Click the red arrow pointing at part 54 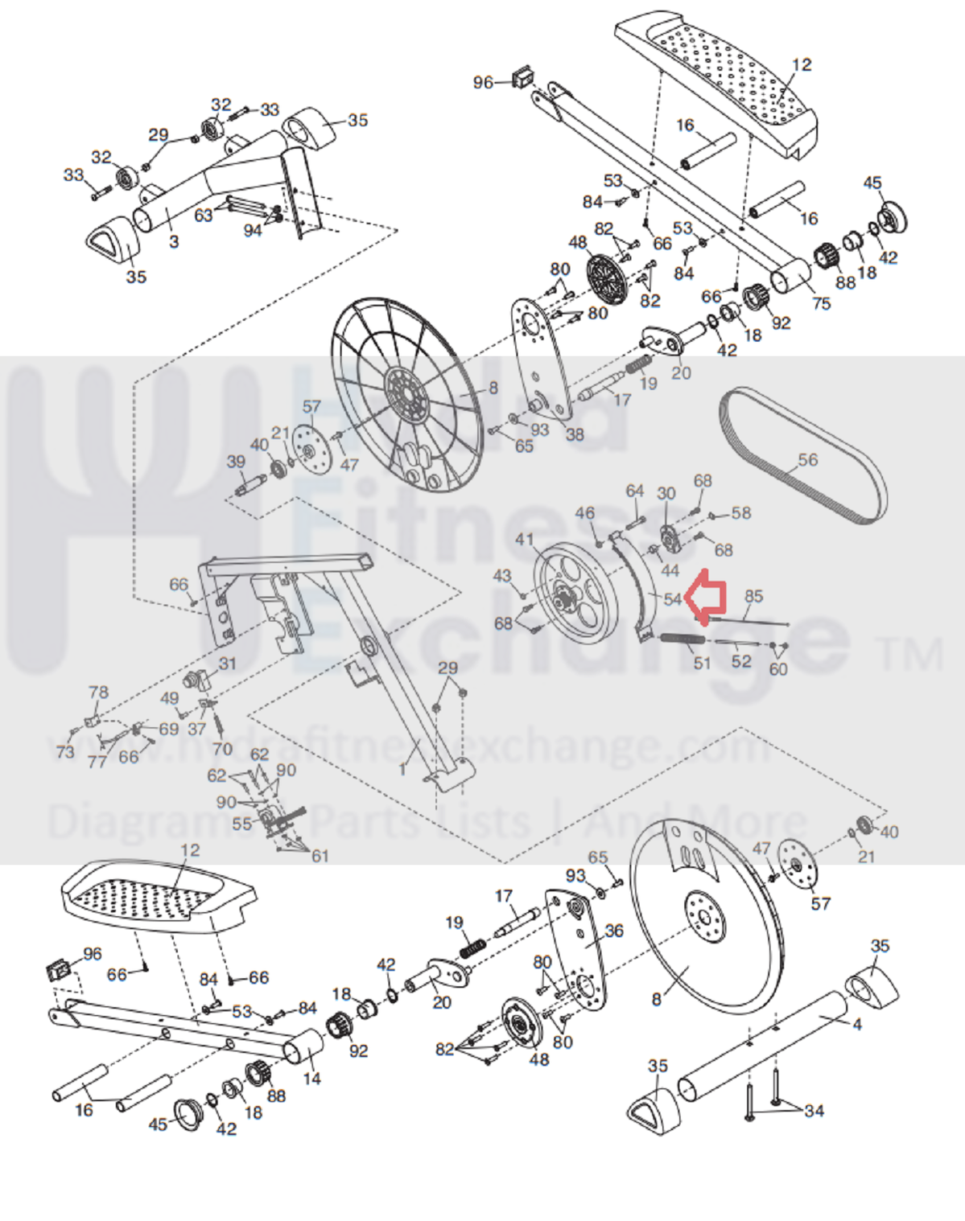click(x=710, y=596)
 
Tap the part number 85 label click(x=753, y=596)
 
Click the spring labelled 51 click(x=683, y=639)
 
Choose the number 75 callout click(x=821, y=303)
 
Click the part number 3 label click(x=174, y=240)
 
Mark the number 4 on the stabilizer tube click(x=857, y=1024)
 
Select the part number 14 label click(x=311, y=1078)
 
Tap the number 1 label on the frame click(x=403, y=770)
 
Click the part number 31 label click(x=228, y=664)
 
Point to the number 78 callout click(x=98, y=692)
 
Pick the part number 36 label click(x=614, y=931)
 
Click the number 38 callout click(x=575, y=434)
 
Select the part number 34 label click(x=814, y=1111)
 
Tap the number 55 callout click(x=242, y=824)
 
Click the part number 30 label click(x=666, y=493)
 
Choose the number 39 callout click(x=236, y=462)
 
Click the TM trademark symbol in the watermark click(x=911, y=654)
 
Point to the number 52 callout click(x=741, y=661)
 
